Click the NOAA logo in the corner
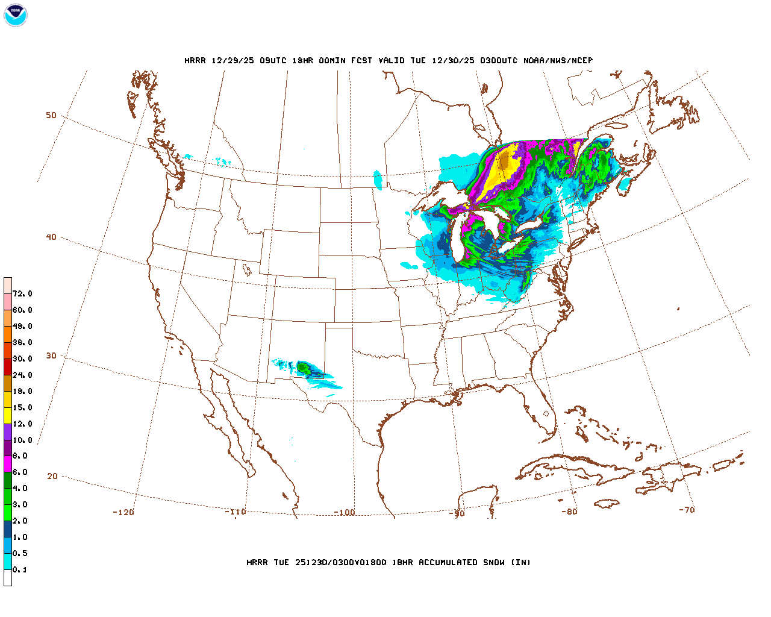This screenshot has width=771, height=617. [x=15, y=15]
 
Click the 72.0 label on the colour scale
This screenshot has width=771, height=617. [x=22, y=294]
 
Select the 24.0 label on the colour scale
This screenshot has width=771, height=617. [x=22, y=375]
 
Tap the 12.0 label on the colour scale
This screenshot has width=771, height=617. [x=22, y=424]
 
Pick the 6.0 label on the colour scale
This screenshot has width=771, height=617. [x=20, y=472]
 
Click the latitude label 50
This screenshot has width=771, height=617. [x=51, y=115]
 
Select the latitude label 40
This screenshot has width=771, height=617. [x=51, y=237]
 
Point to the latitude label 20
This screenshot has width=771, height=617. [x=52, y=476]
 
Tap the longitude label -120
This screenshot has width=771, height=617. [x=123, y=512]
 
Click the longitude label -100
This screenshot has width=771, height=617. [x=344, y=513]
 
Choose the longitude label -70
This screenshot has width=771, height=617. [x=687, y=510]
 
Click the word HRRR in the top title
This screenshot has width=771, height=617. [x=195, y=60]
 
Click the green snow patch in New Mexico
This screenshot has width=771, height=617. [x=304, y=367]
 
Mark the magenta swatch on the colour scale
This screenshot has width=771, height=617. [x=8, y=464]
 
